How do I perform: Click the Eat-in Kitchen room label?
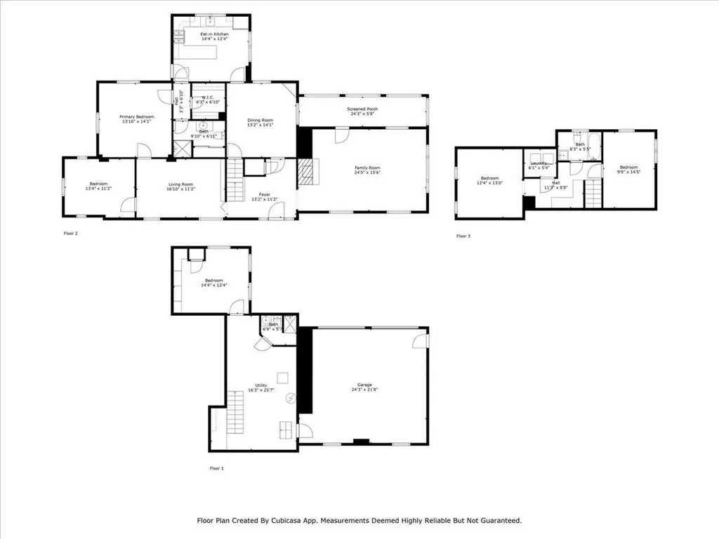(x=214, y=34)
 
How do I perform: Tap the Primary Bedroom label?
(x=136, y=117)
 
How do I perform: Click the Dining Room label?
(x=260, y=121)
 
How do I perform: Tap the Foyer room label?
(x=264, y=194)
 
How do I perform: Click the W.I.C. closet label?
(x=208, y=98)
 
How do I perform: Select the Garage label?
(x=364, y=385)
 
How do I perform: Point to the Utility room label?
(x=260, y=385)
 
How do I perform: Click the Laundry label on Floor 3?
(x=539, y=163)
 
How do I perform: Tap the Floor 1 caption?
(x=218, y=467)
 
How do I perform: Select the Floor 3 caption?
(x=463, y=236)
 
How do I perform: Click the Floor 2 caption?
(x=70, y=233)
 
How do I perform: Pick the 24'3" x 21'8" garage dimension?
(x=364, y=390)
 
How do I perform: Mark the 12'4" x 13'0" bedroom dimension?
(x=489, y=183)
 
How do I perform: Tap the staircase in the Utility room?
(x=235, y=414)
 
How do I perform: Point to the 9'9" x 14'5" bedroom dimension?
(x=628, y=172)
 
